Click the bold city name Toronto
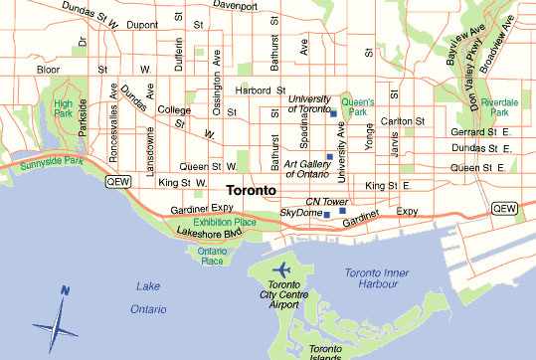coord(257,189)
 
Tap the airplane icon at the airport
coord(283,270)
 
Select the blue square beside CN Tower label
coord(342,211)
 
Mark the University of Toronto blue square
coord(333,113)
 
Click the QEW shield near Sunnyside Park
coord(116,181)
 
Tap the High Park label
coord(63,108)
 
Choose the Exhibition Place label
coord(225,223)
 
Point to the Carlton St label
coord(396,120)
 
